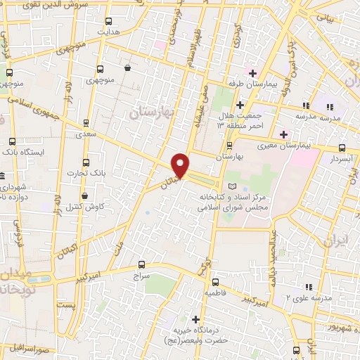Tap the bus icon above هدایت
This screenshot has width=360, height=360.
(x=108, y=22)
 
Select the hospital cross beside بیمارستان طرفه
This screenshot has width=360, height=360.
(x=252, y=73)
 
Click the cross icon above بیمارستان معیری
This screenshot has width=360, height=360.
(x=283, y=134)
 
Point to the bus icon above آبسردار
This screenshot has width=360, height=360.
(x=342, y=148)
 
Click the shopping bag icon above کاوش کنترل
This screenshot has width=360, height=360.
(x=85, y=195)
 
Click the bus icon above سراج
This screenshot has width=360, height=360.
(x=142, y=265)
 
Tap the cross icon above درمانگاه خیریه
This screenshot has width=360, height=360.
(x=195, y=319)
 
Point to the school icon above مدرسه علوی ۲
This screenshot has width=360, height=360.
(x=307, y=286)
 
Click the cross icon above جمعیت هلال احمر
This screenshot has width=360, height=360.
(x=239, y=105)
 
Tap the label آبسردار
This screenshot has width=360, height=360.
(x=339, y=159)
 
